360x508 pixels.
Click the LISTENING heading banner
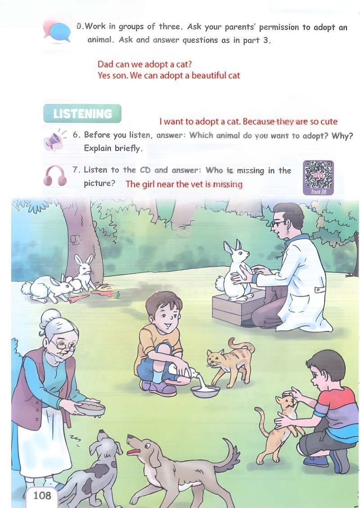(82, 114)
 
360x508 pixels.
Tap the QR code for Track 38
(318, 175)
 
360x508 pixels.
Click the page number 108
(42, 495)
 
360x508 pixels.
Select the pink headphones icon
(55, 176)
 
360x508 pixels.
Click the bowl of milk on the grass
(205, 391)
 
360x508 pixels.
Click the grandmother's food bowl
(90, 408)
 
